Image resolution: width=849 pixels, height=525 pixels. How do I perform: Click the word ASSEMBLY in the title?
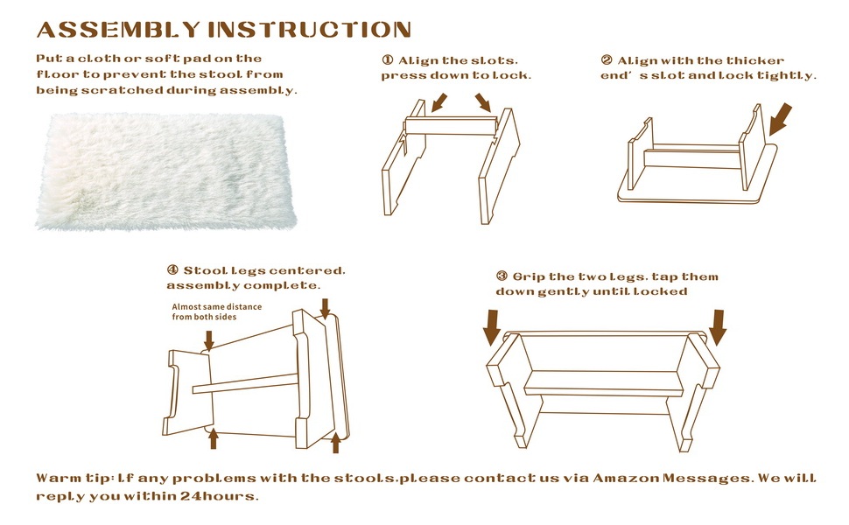[x=118, y=29]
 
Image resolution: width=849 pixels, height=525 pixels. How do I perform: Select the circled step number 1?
[x=387, y=60]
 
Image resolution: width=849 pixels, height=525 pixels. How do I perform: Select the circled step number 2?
[x=607, y=60]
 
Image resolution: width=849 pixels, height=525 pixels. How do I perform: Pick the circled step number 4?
[x=172, y=270]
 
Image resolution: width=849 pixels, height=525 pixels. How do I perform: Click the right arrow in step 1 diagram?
[x=482, y=103]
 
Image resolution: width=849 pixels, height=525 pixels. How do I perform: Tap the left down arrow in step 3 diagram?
[x=492, y=328]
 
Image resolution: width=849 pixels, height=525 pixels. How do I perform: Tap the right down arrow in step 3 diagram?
[x=719, y=327]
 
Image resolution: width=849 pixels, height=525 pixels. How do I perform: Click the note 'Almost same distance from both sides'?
[x=204, y=311]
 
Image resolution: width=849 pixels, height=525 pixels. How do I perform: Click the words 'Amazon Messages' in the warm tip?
[x=671, y=479]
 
